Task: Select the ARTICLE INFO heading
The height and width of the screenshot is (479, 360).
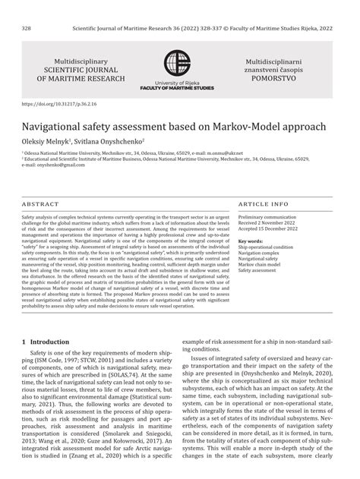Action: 264,205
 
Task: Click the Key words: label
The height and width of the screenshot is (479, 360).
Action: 250,241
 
